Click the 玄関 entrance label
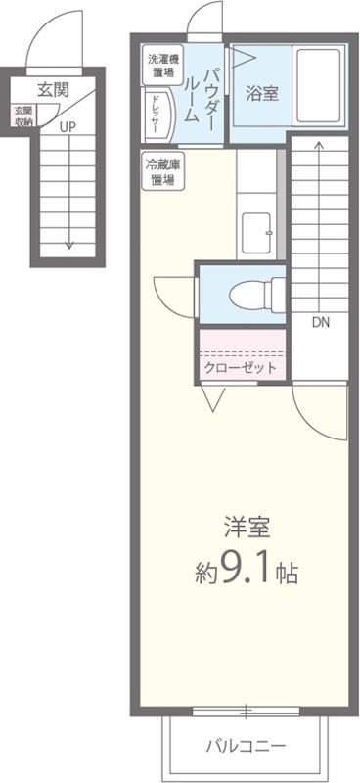pos(53,90)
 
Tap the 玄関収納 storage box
pos(23,116)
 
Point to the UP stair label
pos(67,126)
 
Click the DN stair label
pos(321,321)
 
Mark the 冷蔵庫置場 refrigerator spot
pos(161,172)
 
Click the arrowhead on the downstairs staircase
pos(321,145)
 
